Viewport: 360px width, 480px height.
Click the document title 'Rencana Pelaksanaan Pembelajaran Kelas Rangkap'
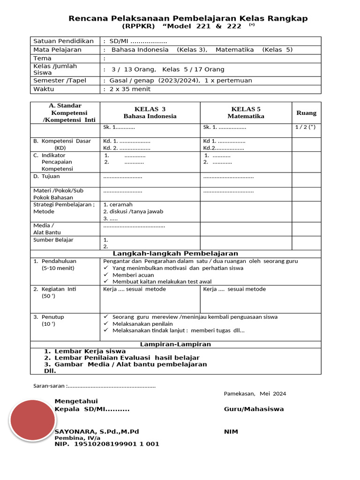click(188, 18)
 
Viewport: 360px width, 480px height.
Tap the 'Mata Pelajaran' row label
click(57, 50)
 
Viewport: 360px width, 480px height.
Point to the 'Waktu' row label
click(44, 89)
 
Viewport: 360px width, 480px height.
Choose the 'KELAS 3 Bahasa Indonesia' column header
click(150, 112)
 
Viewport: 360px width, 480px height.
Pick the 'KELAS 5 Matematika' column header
click(246, 112)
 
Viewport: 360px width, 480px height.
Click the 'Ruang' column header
click(306, 113)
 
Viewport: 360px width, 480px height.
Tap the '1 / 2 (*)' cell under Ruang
click(305, 127)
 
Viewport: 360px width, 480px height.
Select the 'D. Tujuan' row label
click(46, 177)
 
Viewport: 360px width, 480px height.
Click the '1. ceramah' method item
click(118, 204)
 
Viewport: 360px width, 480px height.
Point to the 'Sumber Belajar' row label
click(53, 240)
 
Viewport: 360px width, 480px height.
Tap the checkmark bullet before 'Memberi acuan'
click(107, 275)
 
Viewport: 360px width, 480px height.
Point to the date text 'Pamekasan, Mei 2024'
click(255, 394)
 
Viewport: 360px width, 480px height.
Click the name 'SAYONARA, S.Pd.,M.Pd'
click(97, 431)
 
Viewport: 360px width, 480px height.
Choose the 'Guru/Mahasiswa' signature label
click(254, 409)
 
